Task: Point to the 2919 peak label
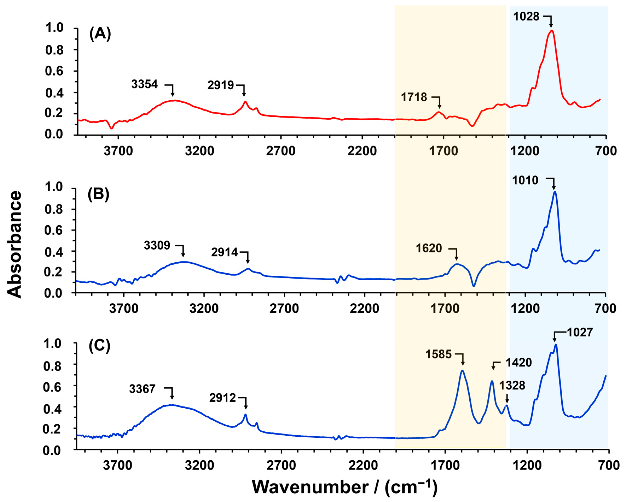[x=220, y=85]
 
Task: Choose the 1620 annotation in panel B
[x=429, y=248]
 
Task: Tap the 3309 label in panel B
[x=157, y=245]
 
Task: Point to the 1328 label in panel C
[x=512, y=386]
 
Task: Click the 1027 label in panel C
[x=580, y=332]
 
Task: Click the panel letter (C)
[x=99, y=346]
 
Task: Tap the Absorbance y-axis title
[x=14, y=245]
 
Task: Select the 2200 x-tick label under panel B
[x=364, y=309]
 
